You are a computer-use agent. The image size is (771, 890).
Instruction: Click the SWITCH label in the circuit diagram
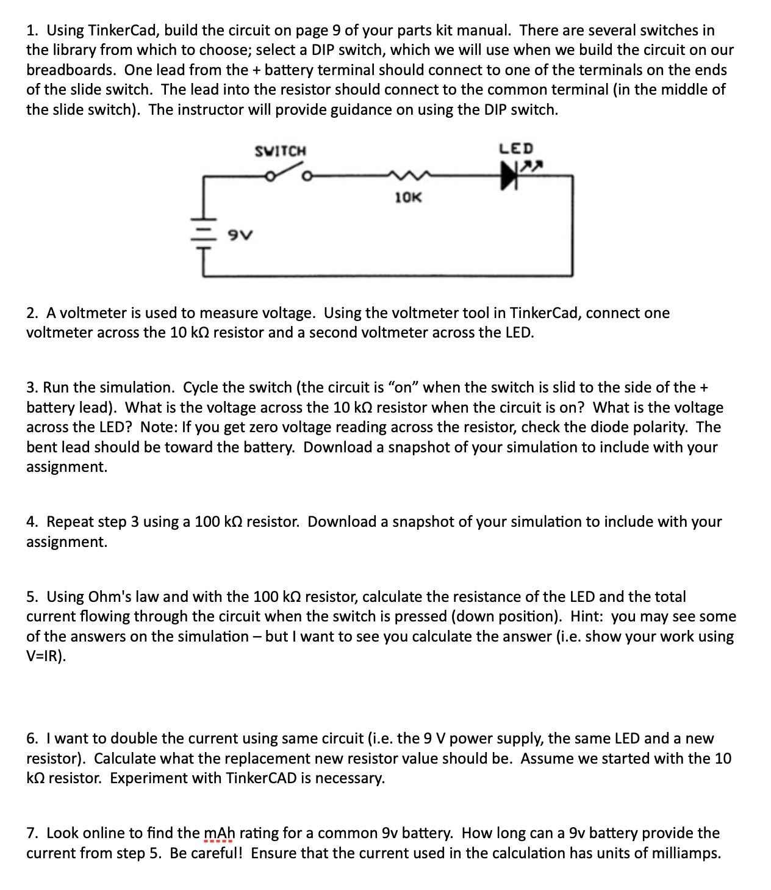point(280,151)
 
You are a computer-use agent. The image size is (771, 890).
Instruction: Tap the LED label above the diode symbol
point(516,148)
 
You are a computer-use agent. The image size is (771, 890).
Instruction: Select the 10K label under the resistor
point(407,197)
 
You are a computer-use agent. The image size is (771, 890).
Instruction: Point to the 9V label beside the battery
point(240,234)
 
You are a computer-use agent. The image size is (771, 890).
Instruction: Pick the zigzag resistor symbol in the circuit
point(407,176)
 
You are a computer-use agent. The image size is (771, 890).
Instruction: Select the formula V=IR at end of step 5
point(45,656)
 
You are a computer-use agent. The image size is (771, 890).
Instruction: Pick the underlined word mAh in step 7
point(218,833)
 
